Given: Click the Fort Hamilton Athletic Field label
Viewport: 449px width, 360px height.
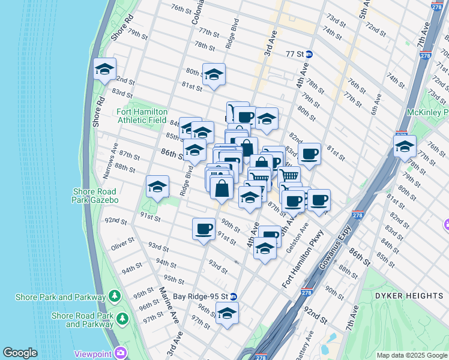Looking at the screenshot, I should tap(141, 116).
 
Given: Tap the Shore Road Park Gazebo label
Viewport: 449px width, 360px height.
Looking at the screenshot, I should tap(96, 196).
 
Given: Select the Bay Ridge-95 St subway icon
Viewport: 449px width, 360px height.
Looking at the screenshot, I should tap(234, 296).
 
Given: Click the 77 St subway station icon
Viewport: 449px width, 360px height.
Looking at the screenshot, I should tap(309, 53).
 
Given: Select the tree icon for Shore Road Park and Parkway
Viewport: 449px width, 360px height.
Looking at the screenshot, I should tap(122, 317).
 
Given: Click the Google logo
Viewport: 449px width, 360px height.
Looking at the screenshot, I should tap(20, 353).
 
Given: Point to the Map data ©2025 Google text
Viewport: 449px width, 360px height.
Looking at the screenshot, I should tap(411, 355).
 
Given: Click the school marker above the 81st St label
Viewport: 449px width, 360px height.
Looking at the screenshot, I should tap(213, 75).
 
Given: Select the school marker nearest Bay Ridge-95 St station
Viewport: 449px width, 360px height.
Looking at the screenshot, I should tap(227, 313).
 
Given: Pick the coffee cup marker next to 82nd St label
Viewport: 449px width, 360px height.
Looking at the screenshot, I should tap(309, 154).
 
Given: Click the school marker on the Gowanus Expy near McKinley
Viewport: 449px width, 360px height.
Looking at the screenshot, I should tap(405, 145).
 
